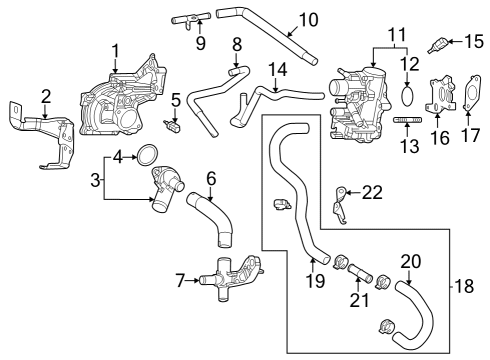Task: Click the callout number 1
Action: pyautogui.click(x=116, y=49)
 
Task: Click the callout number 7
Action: pyautogui.click(x=179, y=281)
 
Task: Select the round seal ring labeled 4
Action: pyautogui.click(x=146, y=154)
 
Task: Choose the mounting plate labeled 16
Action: pyautogui.click(x=438, y=98)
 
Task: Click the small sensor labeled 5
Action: pyautogui.click(x=174, y=127)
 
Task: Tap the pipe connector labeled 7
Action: pyautogui.click(x=232, y=281)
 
